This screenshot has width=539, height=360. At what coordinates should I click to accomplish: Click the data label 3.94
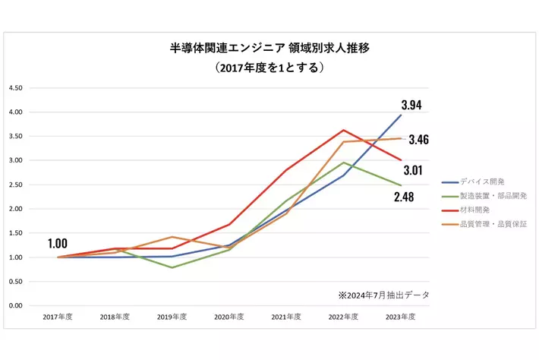pyautogui.click(x=416, y=105)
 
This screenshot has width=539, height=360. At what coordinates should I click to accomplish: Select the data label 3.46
pyautogui.click(x=419, y=140)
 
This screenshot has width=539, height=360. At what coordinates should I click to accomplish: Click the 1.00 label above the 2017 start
pyautogui.click(x=58, y=244)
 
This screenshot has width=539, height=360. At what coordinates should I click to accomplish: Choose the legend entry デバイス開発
pyautogui.click(x=483, y=182)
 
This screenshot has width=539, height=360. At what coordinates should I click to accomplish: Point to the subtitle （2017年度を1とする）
pyautogui.click(x=270, y=68)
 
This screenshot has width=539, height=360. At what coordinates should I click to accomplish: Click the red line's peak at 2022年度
pyautogui.click(x=344, y=130)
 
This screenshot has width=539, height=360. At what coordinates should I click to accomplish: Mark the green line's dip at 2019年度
pyautogui.click(x=172, y=267)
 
